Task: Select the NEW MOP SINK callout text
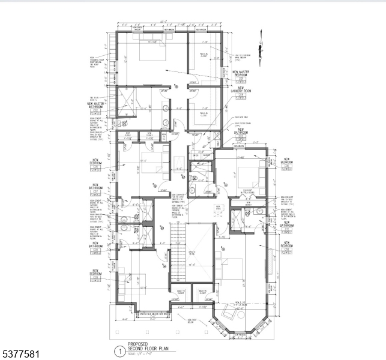tap(242, 118)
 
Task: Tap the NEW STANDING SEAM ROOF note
tap(95, 61)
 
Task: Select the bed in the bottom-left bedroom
tap(130, 280)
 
